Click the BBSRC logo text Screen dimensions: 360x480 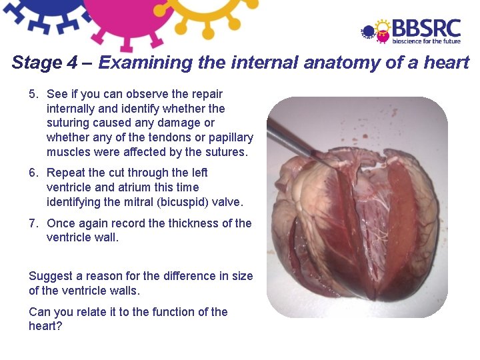(426, 28)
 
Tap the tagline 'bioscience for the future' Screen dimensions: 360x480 (426, 41)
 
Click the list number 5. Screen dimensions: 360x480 (33, 94)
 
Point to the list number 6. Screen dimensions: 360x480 (33, 173)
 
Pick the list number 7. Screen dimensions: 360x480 (33, 223)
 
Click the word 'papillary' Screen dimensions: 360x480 (231, 138)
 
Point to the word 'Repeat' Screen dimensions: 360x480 (64, 173)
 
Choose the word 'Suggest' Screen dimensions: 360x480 (49, 276)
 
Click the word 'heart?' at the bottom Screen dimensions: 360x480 (45, 327)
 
